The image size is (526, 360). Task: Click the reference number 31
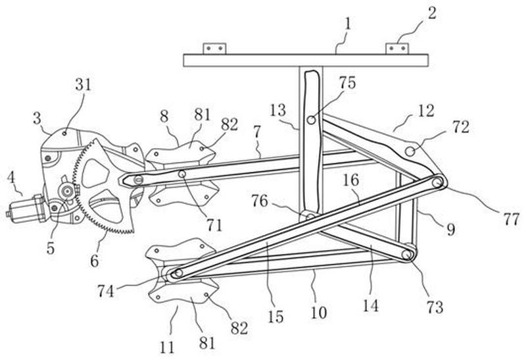click(83, 85)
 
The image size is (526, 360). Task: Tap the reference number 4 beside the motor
click(12, 178)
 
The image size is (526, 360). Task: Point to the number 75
click(347, 83)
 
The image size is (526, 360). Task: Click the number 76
click(260, 201)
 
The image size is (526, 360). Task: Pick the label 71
click(214, 225)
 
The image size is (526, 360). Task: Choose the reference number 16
click(351, 180)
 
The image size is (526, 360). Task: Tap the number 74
click(106, 291)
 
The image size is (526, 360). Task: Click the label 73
click(435, 307)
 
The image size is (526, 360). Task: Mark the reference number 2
click(432, 13)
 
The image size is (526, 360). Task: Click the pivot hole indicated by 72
click(410, 151)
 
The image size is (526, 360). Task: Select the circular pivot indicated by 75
click(312, 120)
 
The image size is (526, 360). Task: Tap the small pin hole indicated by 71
click(182, 174)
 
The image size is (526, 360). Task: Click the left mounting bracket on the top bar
click(215, 49)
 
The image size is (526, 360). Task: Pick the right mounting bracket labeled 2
click(397, 49)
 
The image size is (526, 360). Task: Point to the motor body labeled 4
click(28, 207)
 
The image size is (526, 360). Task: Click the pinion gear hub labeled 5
click(68, 191)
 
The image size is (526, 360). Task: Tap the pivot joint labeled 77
click(437, 183)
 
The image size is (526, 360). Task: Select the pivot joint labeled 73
click(407, 255)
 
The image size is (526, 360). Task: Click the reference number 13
click(278, 111)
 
